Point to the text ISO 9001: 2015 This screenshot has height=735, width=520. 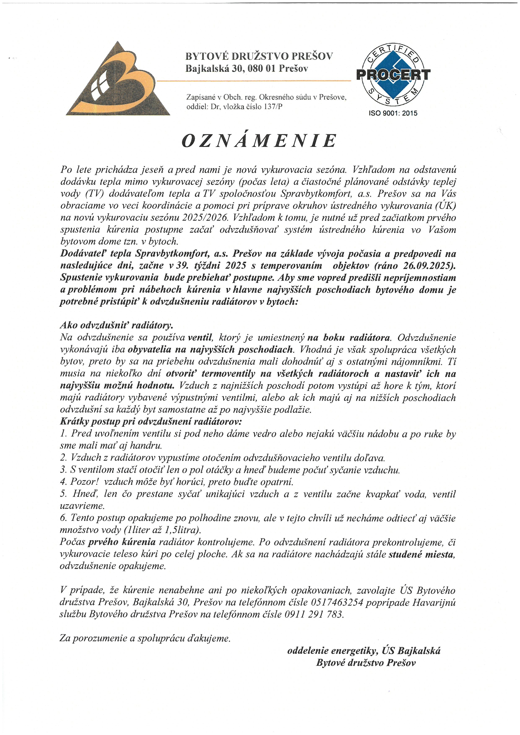(393, 113)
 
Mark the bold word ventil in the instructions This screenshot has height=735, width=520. (200, 338)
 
